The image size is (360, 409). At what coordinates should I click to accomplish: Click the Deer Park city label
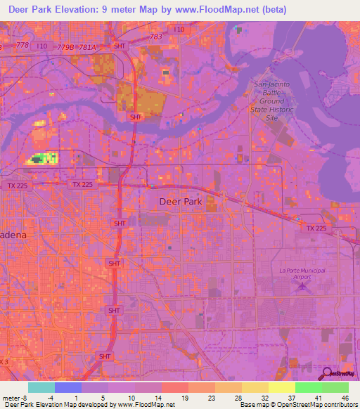(x=181, y=201)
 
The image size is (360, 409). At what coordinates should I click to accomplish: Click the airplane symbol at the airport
(x=303, y=285)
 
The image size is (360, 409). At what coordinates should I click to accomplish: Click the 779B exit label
(x=66, y=47)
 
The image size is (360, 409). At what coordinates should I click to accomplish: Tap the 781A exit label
(x=86, y=47)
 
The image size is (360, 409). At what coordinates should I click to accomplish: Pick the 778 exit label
(x=22, y=45)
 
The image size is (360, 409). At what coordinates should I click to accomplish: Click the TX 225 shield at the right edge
(x=317, y=228)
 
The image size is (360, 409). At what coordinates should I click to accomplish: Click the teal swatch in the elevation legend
(x=41, y=387)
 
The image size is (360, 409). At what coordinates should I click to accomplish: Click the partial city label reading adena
(x=14, y=236)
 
